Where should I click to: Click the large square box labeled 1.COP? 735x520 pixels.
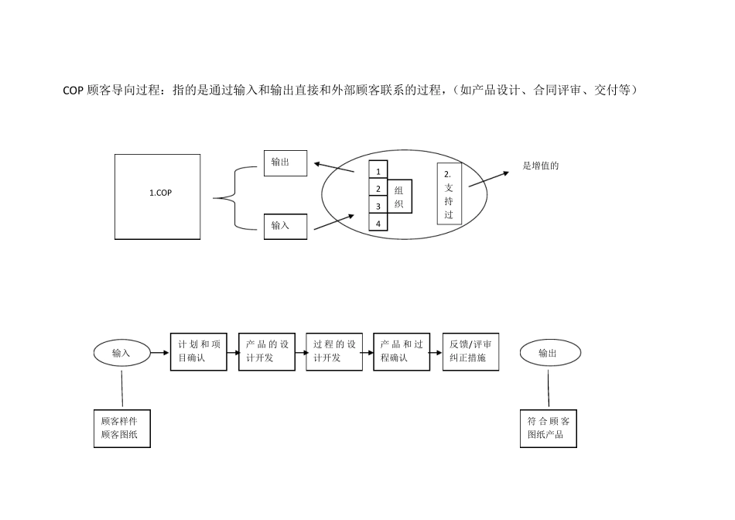pyautogui.click(x=158, y=197)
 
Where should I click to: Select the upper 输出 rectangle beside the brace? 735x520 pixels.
pyautogui.click(x=285, y=162)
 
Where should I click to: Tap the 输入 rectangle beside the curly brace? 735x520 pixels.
pyautogui.click(x=285, y=226)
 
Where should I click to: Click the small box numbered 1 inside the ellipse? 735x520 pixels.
pyautogui.click(x=378, y=170)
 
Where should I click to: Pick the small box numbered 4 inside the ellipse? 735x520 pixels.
pyautogui.click(x=378, y=224)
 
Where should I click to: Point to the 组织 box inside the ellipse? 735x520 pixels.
pyautogui.click(x=399, y=197)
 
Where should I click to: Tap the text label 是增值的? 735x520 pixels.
pyautogui.click(x=541, y=165)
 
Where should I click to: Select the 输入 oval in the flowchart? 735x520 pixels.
pyautogui.click(x=121, y=353)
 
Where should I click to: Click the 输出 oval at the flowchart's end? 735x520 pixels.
pyautogui.click(x=548, y=353)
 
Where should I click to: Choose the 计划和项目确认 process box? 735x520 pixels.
pyautogui.click(x=199, y=352)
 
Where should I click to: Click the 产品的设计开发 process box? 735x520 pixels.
pyautogui.click(x=267, y=352)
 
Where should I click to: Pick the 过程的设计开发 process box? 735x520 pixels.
pyautogui.click(x=334, y=352)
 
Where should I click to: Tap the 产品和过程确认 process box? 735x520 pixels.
pyautogui.click(x=402, y=352)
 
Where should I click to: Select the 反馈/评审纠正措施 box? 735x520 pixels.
pyautogui.click(x=470, y=352)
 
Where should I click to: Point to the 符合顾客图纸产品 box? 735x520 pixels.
pyautogui.click(x=549, y=428)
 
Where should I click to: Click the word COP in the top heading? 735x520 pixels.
pyautogui.click(x=73, y=91)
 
